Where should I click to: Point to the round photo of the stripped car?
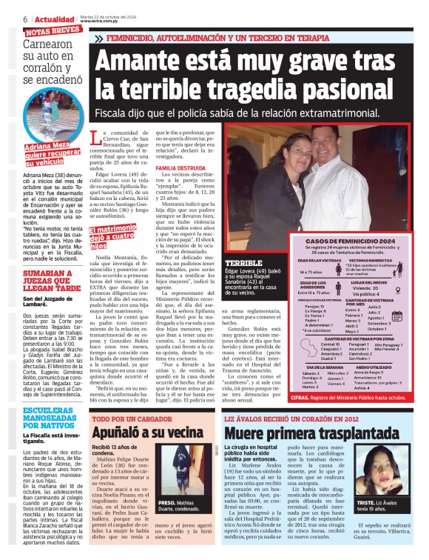pos(40,117)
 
